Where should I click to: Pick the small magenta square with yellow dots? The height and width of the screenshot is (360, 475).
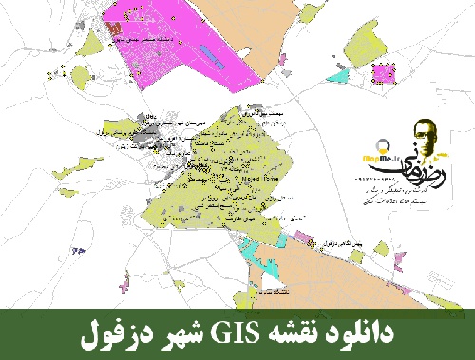(x=385, y=71)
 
